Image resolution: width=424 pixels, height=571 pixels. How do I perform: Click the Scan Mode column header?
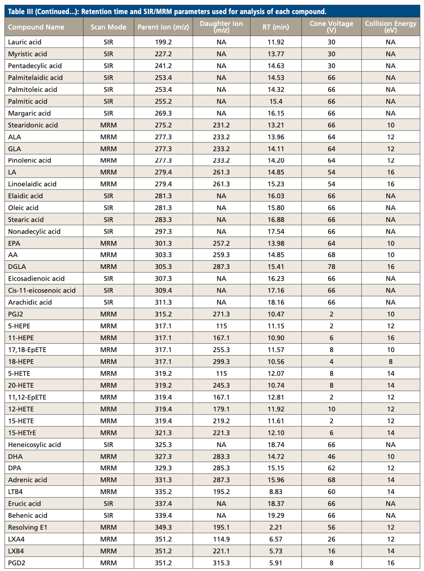point(108,27)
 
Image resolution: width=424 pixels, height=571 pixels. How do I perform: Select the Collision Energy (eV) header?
point(390,27)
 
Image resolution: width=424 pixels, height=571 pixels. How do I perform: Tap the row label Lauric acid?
point(25,42)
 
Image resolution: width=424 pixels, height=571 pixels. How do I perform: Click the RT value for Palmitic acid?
point(276,102)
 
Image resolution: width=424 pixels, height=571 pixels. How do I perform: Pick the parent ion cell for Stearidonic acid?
point(163,125)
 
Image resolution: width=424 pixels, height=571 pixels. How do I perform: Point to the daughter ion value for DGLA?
point(221,267)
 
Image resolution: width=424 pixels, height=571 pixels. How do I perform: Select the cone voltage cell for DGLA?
point(331,267)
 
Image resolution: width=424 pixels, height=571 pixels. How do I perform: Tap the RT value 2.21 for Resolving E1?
point(276,527)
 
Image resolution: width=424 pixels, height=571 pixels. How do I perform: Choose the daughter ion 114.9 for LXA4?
point(221,539)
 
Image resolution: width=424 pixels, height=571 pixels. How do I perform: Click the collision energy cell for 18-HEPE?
point(390,362)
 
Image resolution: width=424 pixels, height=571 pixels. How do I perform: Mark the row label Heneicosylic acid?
point(34,445)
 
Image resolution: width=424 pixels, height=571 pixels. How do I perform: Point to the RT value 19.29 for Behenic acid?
point(276,516)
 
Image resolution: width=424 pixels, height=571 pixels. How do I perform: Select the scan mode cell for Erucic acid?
point(108,504)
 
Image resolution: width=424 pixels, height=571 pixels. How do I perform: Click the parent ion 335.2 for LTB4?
point(163,492)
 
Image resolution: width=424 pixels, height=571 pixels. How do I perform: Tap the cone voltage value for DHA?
point(331,457)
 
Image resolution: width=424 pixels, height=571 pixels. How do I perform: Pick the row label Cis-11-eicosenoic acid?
point(42,291)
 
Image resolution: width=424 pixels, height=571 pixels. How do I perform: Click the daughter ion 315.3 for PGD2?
point(221,563)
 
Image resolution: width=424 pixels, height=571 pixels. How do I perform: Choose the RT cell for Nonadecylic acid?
point(276,232)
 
